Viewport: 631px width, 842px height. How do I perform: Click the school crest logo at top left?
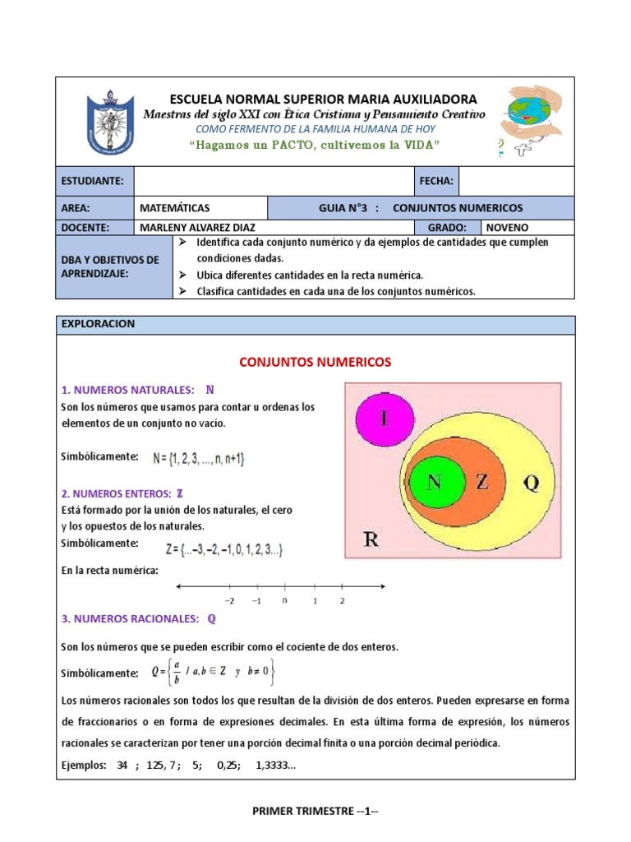111,122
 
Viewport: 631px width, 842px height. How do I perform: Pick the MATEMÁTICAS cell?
175,208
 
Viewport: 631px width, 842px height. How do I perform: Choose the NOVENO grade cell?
507,228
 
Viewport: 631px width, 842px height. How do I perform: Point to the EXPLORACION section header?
98,324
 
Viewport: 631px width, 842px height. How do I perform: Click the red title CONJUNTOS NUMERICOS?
315,362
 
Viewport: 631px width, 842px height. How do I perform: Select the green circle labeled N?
435,483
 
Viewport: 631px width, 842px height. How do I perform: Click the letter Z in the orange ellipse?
482,483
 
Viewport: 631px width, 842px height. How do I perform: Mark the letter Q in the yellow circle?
531,483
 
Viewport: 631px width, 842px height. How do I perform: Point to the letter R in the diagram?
371,539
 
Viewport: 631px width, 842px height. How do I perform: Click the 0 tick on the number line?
284,600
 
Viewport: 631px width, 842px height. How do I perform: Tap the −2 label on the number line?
229,600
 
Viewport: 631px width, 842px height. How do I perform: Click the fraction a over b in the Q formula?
176,673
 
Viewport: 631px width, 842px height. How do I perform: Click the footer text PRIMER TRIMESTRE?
315,812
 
